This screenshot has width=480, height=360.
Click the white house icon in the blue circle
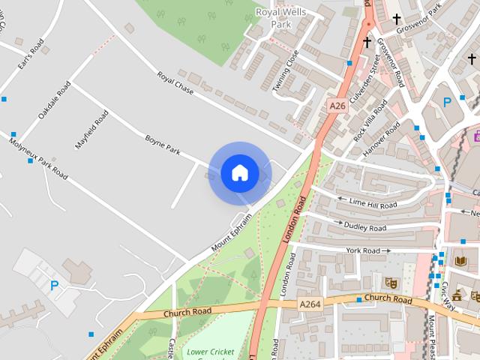point(239,173)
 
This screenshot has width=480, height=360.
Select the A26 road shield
point(337,107)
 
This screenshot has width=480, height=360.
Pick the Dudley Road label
point(365,226)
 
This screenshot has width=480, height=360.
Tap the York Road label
point(364,250)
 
